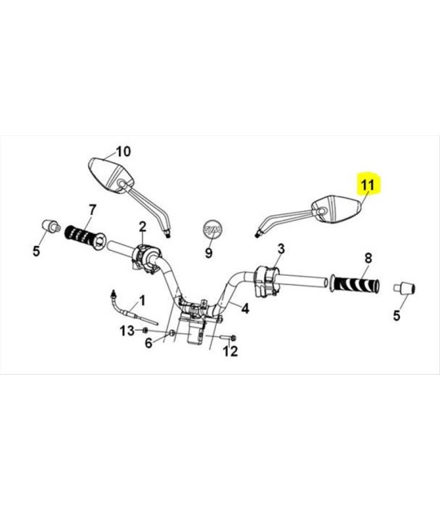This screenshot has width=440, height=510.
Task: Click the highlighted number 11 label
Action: pyautogui.click(x=368, y=185)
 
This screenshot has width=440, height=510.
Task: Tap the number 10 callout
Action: pyautogui.click(x=124, y=151)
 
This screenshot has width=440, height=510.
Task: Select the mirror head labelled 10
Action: pyautogui.click(x=111, y=175)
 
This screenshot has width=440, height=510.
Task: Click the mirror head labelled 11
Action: pyautogui.click(x=337, y=209)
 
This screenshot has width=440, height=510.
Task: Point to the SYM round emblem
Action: pyautogui.click(x=213, y=229)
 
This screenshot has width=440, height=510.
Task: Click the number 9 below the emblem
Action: pyautogui.click(x=208, y=253)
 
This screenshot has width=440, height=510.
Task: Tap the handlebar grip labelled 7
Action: pyautogui.click(x=85, y=237)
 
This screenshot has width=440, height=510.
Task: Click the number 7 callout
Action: pyautogui.click(x=93, y=209)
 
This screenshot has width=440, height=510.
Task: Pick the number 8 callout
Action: pyautogui.click(x=368, y=258)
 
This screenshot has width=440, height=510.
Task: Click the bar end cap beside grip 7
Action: pyautogui.click(x=51, y=226)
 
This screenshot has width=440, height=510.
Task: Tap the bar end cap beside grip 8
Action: pyautogui.click(x=404, y=288)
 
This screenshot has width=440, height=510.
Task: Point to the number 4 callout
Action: pyautogui.click(x=245, y=308)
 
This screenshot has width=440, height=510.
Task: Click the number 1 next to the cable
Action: pyautogui.click(x=142, y=301)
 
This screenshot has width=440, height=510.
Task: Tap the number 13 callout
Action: pyautogui.click(x=127, y=331)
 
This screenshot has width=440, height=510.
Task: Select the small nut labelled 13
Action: pyautogui.click(x=145, y=331)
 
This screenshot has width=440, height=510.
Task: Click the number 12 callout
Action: pyautogui.click(x=230, y=351)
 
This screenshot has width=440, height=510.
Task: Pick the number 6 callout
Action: pyautogui.click(x=148, y=343)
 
